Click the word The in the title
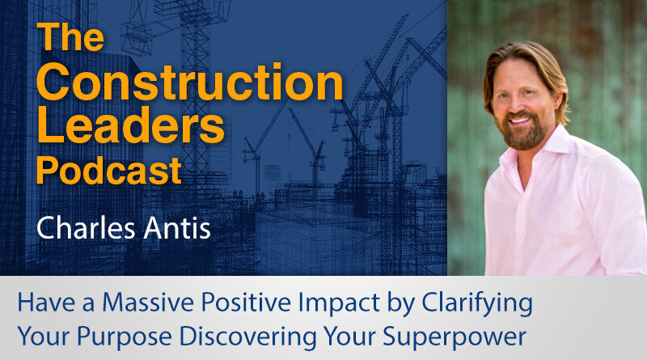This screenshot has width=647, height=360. [70, 36]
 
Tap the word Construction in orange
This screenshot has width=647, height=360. [190, 82]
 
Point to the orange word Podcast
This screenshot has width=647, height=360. [109, 170]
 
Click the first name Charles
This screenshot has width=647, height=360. [86, 228]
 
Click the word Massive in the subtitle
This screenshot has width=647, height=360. [148, 303]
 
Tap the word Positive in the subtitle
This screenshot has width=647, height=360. [246, 303]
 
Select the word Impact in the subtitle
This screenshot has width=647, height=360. [339, 304]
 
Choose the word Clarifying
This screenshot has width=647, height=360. [477, 304]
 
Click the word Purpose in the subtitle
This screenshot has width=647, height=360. [125, 337]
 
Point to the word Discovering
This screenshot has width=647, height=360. [248, 337]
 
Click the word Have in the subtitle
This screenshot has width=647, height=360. [46, 303]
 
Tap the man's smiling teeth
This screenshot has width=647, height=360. [521, 121]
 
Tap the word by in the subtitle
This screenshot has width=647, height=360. [401, 304]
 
